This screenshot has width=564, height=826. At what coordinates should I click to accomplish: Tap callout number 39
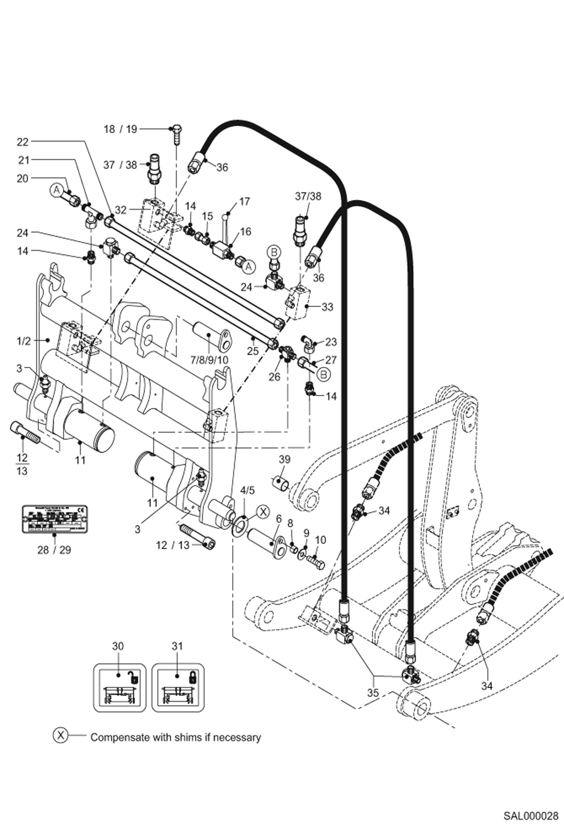(x=285, y=459)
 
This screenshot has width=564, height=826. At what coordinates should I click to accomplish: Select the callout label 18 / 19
(x=120, y=129)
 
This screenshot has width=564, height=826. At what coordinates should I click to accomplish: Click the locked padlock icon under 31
(x=192, y=677)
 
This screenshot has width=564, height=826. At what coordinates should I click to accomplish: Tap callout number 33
(x=327, y=307)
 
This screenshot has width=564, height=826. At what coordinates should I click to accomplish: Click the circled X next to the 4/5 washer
(x=263, y=512)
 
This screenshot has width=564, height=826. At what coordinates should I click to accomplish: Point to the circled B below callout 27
(x=323, y=375)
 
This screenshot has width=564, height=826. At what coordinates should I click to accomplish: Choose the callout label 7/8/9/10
(x=209, y=360)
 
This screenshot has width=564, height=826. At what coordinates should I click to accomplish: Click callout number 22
(x=23, y=142)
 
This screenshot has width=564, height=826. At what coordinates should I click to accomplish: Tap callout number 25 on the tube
(x=253, y=351)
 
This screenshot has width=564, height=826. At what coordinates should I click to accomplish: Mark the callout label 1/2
(x=23, y=341)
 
